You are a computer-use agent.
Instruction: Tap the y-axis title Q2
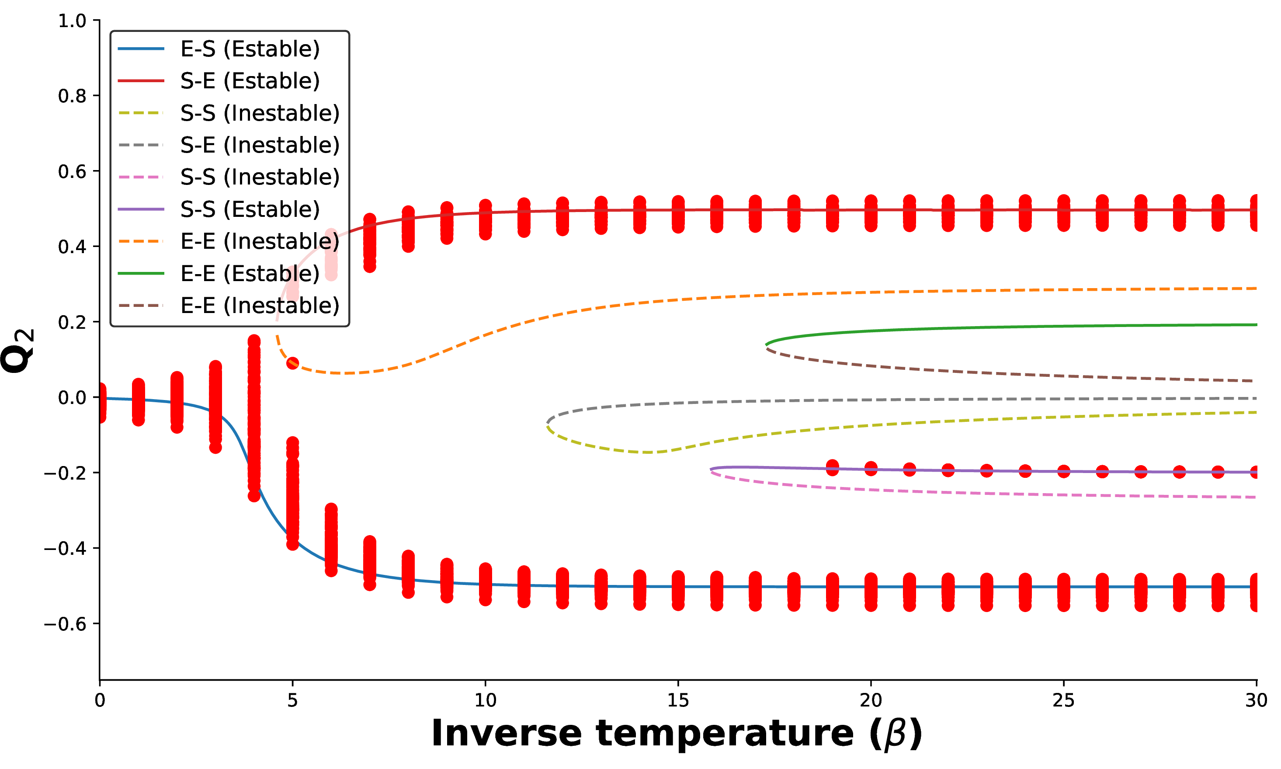pyautogui.click(x=17, y=351)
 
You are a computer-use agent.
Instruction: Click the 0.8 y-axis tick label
pyautogui.click(x=72, y=96)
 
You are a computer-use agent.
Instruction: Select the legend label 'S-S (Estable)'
pyautogui.click(x=250, y=209)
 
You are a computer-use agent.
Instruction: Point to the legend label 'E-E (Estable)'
pyautogui.click(x=250, y=274)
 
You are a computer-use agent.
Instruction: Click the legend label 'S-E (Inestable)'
pyautogui.click(x=260, y=145)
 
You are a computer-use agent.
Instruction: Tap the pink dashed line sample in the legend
pyautogui.click(x=141, y=177)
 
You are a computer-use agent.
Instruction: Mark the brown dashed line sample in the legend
pyautogui.click(x=141, y=306)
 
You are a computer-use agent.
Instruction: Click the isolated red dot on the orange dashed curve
pyautogui.click(x=293, y=363)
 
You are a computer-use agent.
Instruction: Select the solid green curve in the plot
pyautogui.click(x=984, y=327)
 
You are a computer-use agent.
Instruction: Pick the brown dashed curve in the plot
pyautogui.click(x=984, y=373)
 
